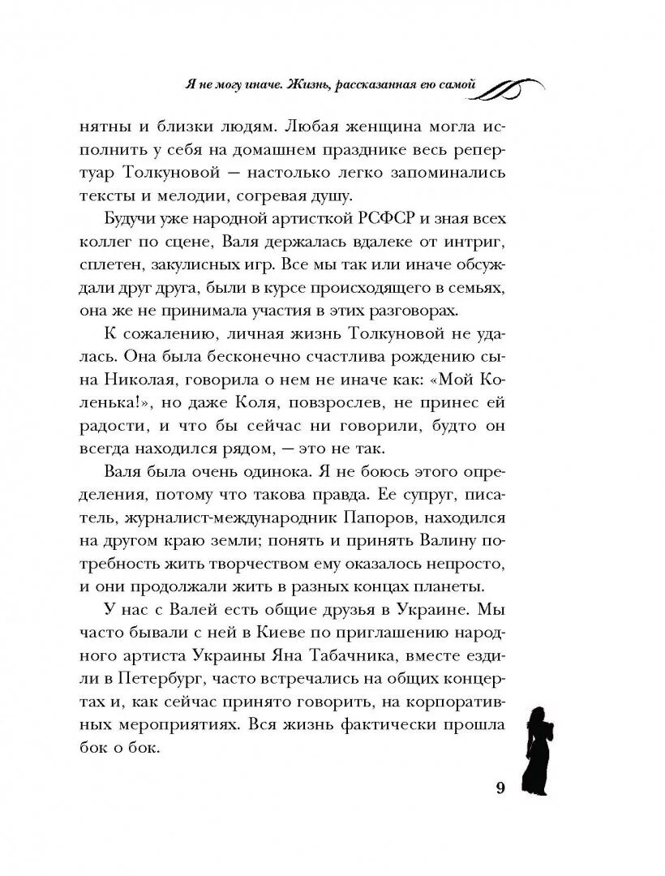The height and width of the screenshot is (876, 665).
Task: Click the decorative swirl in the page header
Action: coord(510,86)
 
